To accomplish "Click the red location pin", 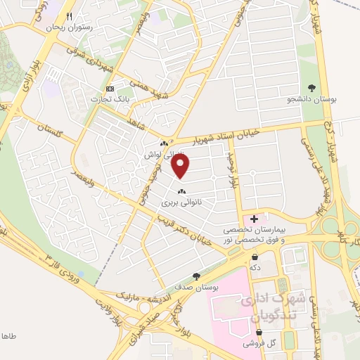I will (181, 166).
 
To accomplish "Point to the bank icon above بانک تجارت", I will (110, 89).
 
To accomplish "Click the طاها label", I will (11, 336).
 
